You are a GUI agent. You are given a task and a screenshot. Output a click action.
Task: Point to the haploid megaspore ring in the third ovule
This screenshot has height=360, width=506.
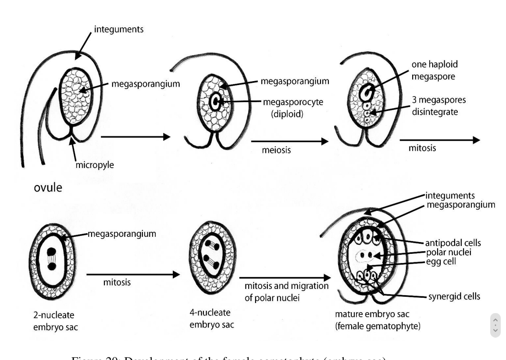point(367,93)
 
